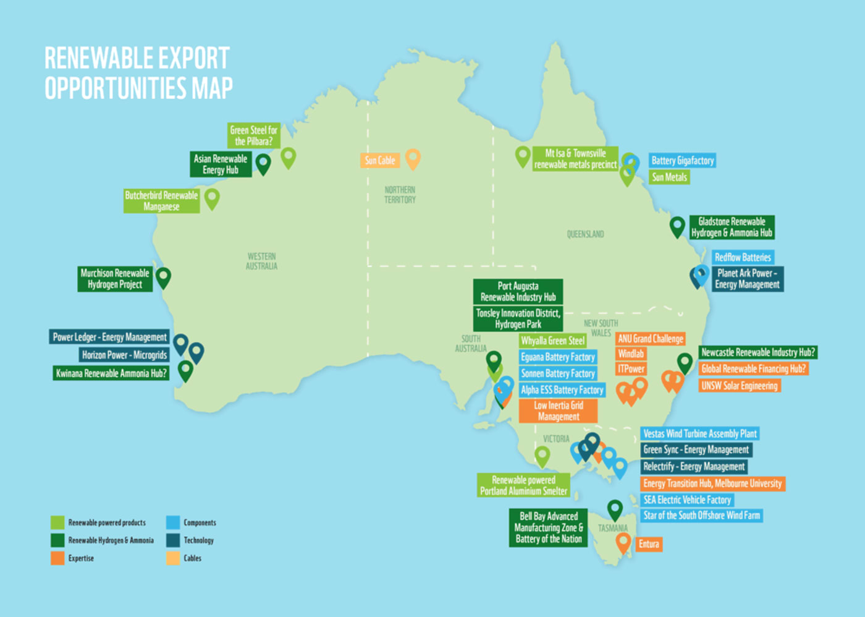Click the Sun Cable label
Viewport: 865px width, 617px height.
(x=379, y=161)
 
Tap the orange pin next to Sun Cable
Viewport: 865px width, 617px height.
(x=413, y=158)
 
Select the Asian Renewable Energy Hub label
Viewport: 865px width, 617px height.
(x=221, y=164)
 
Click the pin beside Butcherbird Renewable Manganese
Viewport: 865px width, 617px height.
(x=212, y=198)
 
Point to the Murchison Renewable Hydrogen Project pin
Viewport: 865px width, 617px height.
(x=163, y=276)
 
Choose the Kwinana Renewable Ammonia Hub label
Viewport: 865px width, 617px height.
(x=111, y=373)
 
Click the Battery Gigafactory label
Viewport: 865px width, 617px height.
(x=682, y=161)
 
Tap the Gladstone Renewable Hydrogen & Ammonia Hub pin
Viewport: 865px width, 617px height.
(x=677, y=226)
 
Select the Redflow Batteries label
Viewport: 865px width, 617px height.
(x=743, y=257)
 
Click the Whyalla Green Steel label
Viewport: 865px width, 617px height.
(x=552, y=341)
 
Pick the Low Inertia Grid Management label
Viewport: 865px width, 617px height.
(x=559, y=411)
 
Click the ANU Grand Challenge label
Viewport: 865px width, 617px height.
(x=651, y=339)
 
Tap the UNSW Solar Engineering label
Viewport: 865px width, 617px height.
(x=739, y=386)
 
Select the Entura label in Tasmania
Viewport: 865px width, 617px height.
(x=649, y=544)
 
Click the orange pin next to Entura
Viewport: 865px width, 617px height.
(x=623, y=542)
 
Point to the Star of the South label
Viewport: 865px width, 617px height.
(x=701, y=516)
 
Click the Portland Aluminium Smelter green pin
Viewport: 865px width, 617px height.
(x=542, y=456)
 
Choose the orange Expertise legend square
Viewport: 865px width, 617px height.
(x=57, y=558)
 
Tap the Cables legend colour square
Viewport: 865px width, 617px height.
(x=173, y=558)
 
